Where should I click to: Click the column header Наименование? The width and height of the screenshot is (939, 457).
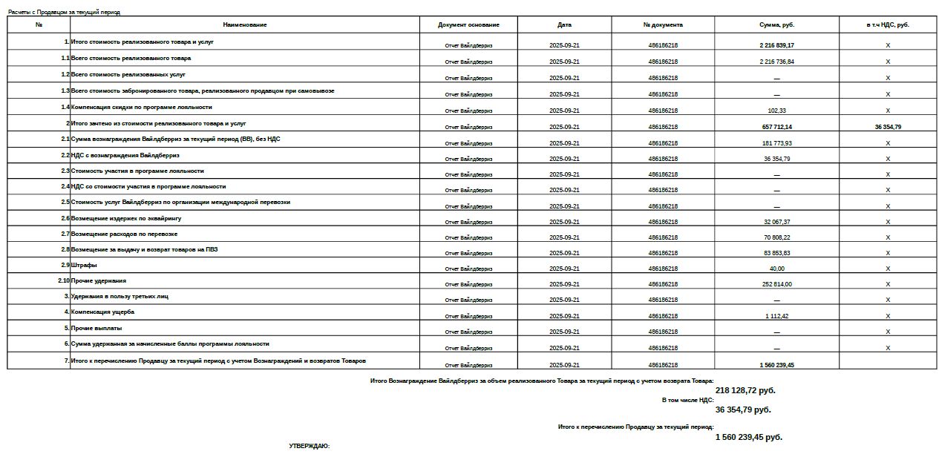(x=244, y=25)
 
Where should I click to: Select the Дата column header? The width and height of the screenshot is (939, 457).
(x=564, y=25)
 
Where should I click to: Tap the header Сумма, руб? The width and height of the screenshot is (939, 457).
(x=776, y=25)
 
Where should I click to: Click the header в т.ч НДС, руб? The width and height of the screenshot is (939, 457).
(x=887, y=25)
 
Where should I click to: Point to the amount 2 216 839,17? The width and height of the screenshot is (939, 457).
(x=776, y=45)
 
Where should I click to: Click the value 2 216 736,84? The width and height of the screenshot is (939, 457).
(x=776, y=62)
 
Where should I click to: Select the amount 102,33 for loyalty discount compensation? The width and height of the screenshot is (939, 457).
(x=776, y=111)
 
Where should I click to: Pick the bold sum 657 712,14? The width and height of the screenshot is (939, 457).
(x=776, y=127)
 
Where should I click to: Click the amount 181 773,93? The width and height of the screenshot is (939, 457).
(x=776, y=143)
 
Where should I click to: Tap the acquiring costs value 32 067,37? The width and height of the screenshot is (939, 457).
(x=776, y=222)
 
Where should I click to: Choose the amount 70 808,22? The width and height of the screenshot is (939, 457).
(x=776, y=237)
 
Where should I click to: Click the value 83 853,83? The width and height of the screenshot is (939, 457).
(x=776, y=253)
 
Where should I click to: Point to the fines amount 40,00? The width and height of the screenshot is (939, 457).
(x=776, y=269)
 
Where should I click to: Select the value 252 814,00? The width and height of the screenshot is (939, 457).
(x=776, y=284)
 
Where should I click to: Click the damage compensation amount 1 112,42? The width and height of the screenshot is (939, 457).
(x=776, y=316)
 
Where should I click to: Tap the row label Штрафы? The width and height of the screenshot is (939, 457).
(x=84, y=265)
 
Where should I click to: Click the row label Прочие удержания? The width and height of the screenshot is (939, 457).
(x=99, y=280)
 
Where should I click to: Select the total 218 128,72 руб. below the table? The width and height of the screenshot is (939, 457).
(x=745, y=390)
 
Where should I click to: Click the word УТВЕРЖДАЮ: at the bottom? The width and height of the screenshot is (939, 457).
(x=309, y=446)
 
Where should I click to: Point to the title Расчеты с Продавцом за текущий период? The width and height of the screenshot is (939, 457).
(x=64, y=13)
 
